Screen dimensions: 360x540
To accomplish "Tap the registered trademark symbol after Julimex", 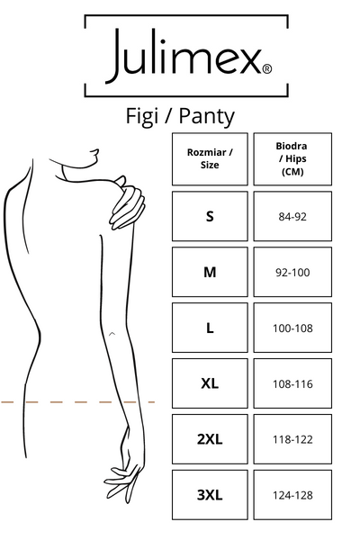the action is point(267,69).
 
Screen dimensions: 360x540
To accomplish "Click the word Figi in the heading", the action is point(141,117).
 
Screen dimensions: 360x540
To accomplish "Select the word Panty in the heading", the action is point(207,117).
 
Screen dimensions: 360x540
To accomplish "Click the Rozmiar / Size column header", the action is point(210,158).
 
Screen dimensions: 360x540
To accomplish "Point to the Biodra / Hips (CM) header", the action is point(292,158).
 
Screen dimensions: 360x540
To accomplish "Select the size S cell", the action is point(210,216).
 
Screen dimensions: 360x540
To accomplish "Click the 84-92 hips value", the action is point(292,217).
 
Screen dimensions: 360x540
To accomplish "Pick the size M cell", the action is point(210,272).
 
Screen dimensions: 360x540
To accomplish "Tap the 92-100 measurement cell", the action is point(292,273).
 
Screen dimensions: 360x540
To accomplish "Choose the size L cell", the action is point(210,328).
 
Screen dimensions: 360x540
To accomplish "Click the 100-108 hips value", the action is point(292,328).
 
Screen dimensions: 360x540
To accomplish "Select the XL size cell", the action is point(210,383).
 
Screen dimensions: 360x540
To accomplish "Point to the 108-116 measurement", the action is point(292,384).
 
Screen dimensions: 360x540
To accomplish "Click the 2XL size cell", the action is point(210,439).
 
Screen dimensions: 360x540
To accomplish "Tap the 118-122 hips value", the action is point(292,440).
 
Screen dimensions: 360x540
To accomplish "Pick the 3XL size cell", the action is point(210,495).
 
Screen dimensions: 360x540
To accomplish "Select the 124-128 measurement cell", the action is point(292,495).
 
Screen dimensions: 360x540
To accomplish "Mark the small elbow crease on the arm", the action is point(112,333).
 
